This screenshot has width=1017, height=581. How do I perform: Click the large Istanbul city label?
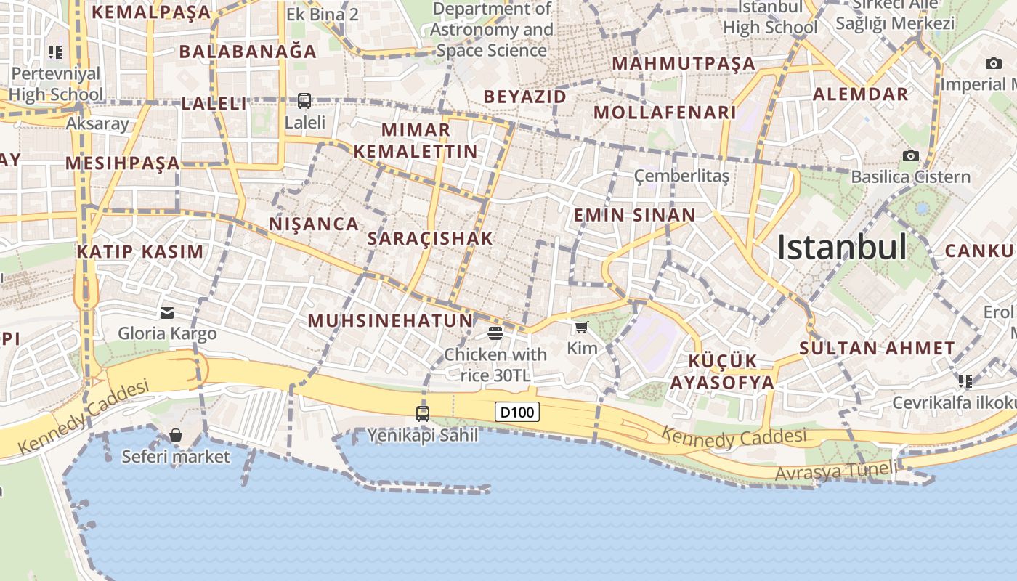842,248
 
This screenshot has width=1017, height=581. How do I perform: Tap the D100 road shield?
518,413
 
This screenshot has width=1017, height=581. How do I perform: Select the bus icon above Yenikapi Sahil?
422,414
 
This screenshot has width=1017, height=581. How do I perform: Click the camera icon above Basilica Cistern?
910,155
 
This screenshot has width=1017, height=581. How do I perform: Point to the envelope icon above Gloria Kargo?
167,313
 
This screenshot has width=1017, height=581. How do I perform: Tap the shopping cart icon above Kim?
581,328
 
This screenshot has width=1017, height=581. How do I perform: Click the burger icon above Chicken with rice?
495,333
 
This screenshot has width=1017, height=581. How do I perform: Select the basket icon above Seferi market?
175,435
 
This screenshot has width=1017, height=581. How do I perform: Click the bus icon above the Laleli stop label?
304,101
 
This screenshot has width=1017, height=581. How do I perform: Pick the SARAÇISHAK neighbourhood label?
430,238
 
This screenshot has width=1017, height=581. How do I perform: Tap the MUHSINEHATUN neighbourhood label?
390,320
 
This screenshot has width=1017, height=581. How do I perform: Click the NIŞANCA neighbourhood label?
314,224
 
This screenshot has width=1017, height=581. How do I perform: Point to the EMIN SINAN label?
634,215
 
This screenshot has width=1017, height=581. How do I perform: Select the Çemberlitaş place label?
681,176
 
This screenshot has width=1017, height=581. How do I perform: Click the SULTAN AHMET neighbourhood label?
877,348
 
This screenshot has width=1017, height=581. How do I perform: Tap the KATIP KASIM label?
140,252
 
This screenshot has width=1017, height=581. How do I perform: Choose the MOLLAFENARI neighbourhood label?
665,113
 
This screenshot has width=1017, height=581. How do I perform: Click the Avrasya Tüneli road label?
836,471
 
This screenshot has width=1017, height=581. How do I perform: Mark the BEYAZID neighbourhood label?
524,97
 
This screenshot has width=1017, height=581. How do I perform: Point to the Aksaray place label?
97,123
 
